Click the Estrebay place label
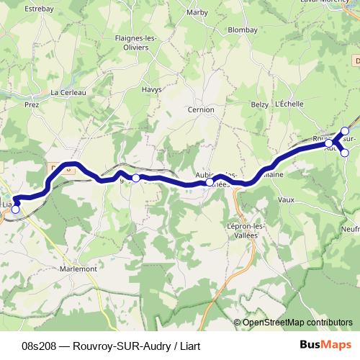pyautogui.click(x=40, y=9)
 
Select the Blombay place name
pyautogui.click(x=241, y=31)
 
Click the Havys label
pyautogui.click(x=151, y=89)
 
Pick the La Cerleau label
pyautogui.click(x=68, y=92)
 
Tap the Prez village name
pyautogui.click(x=31, y=104)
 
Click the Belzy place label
pyautogui.click(x=259, y=104)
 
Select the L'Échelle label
pyautogui.click(x=289, y=104)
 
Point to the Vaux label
pyautogui.click(x=286, y=199)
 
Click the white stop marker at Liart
pyautogui.click(x=16, y=210)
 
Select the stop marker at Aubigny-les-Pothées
pyautogui.click(x=210, y=182)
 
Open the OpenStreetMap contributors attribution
pyautogui.click(x=297, y=323)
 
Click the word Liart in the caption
pyautogui.click(x=186, y=346)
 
